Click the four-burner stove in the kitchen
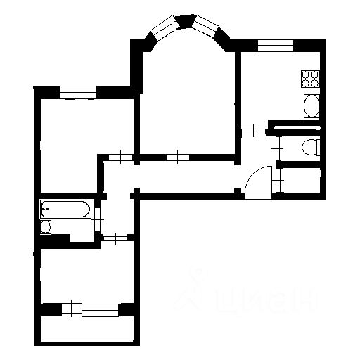[310, 77]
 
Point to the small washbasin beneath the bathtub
[46, 227]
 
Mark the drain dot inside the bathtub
[47, 209]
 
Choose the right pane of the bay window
[210, 27]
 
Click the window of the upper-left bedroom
[77, 89]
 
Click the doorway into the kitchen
[253, 131]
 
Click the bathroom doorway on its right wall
[98, 219]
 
